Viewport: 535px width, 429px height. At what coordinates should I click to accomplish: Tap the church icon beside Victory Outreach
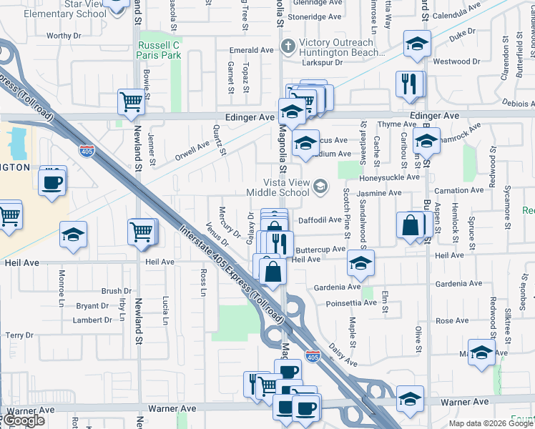click(x=288, y=46)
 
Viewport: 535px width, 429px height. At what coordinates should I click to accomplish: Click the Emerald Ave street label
click(x=252, y=50)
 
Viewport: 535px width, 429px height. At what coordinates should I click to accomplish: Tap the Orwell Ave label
click(x=192, y=150)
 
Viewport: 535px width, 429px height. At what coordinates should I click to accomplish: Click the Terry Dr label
click(x=19, y=335)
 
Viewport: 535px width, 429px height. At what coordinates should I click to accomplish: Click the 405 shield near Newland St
click(x=86, y=151)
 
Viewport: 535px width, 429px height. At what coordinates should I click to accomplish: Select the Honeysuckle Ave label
click(x=390, y=177)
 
